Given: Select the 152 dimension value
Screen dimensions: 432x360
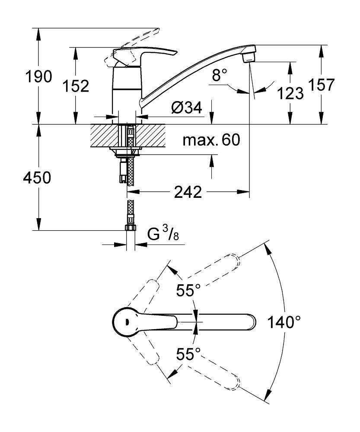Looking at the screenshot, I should pos(76,86).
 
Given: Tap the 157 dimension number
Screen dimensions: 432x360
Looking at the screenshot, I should pos(322,85).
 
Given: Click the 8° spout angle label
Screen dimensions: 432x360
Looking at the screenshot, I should pos(219,76).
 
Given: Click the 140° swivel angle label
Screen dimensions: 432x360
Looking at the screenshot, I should pos(284,322).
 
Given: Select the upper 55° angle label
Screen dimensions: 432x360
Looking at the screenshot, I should pos(188,290).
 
